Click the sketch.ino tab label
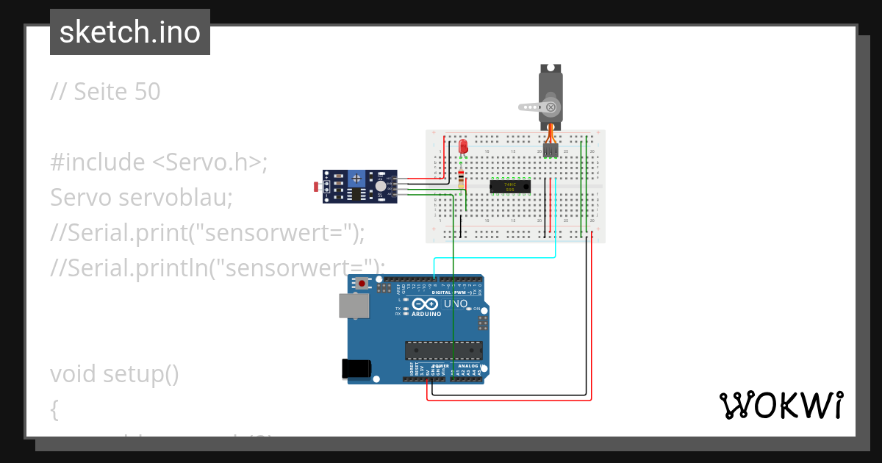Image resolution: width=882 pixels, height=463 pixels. tap(130, 32)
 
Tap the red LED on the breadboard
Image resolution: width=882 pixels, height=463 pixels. tap(463, 147)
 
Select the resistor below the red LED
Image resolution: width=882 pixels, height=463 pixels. tap(461, 179)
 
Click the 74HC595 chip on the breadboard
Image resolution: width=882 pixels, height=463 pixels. tap(510, 187)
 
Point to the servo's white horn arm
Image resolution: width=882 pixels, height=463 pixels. tap(531, 107)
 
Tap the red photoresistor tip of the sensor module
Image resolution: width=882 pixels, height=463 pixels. tap(318, 187)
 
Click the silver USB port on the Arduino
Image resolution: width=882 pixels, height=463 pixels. tap(354, 306)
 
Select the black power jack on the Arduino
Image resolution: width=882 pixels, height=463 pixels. tap(356, 369)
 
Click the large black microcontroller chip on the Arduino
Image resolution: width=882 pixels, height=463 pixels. tap(444, 351)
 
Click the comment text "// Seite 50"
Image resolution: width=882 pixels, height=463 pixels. tap(105, 92)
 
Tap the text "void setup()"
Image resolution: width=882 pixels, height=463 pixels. tap(115, 374)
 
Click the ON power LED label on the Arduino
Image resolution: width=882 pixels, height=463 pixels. tap(476, 309)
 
